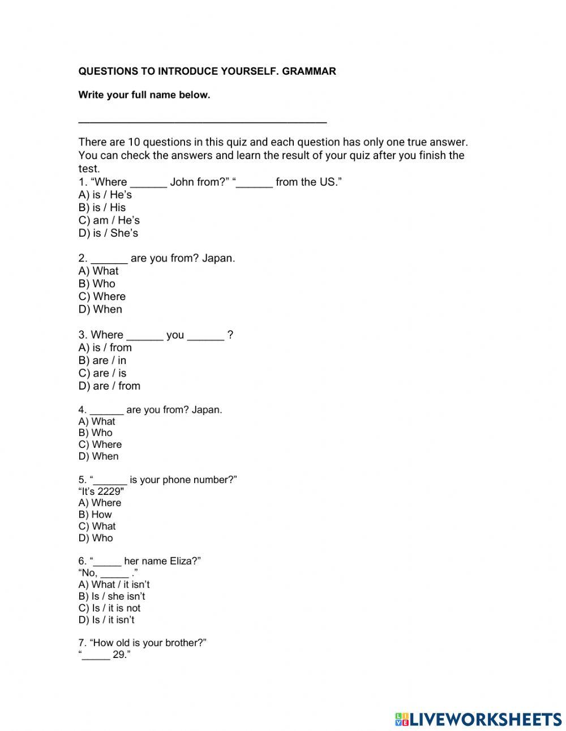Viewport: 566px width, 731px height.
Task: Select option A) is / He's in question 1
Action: pos(105,195)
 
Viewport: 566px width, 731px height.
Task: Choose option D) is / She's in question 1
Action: pos(108,233)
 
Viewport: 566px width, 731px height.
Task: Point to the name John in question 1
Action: pos(182,182)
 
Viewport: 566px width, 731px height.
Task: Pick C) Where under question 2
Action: pos(102,297)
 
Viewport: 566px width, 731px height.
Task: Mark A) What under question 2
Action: pos(98,271)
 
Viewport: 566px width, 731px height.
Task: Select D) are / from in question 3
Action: pos(109,386)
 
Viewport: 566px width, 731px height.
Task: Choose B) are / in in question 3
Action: pos(102,361)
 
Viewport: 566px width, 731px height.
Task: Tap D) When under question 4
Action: pos(98,456)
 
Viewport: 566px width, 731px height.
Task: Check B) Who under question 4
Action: pos(95,433)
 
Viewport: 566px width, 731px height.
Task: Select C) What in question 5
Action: pos(97,526)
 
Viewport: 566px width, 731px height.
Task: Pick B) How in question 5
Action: pos(95,515)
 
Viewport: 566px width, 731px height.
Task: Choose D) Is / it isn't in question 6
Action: pos(106,620)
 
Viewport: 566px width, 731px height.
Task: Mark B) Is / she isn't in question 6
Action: pos(112,596)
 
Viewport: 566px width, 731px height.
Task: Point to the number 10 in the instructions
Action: pos(134,142)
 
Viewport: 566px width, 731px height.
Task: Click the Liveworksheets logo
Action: pos(478,719)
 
